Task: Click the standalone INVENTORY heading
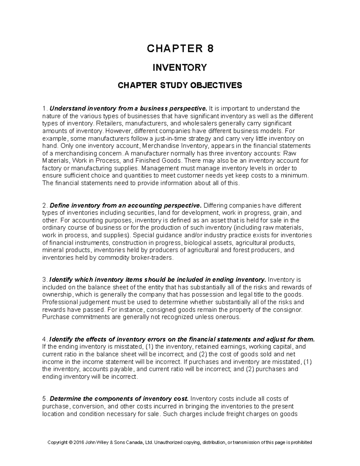coord(180,68)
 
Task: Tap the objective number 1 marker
coord(44,108)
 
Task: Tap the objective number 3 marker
coord(44,280)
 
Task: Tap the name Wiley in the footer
coord(105,442)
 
